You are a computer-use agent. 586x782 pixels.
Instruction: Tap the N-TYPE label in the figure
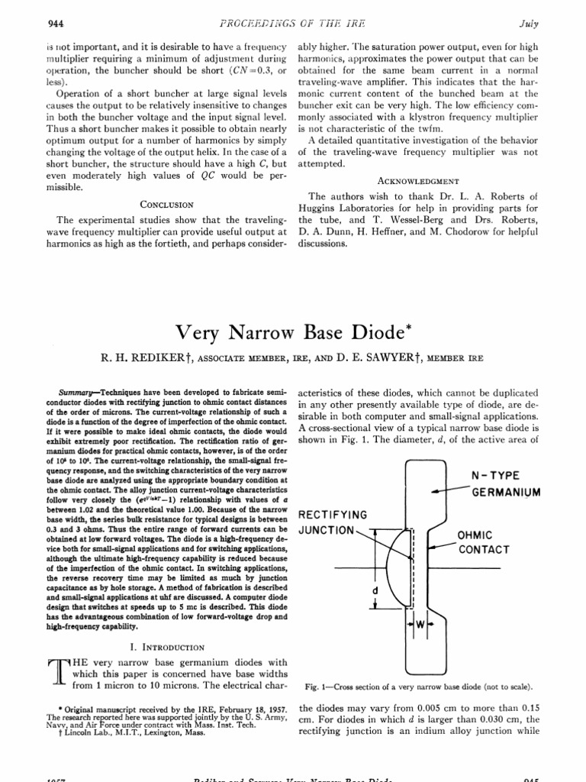click(x=497, y=476)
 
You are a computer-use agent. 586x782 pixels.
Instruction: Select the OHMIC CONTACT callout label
click(x=483, y=543)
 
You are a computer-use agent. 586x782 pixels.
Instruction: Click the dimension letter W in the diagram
click(x=419, y=624)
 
